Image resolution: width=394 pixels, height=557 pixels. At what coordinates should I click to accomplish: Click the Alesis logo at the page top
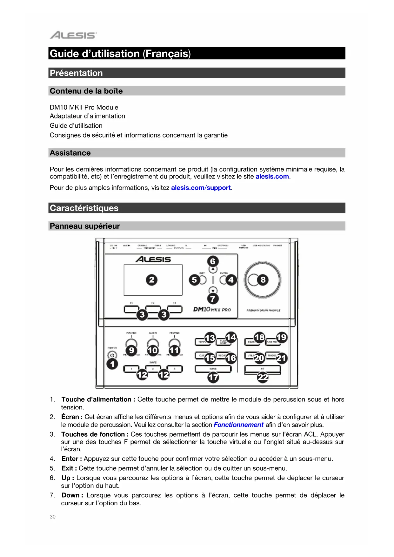click(73, 35)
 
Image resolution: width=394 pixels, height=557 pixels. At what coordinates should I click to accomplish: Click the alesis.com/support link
click(201, 188)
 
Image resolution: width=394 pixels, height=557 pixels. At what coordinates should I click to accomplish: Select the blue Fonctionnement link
click(238, 425)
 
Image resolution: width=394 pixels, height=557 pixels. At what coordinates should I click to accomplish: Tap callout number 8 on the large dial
click(263, 280)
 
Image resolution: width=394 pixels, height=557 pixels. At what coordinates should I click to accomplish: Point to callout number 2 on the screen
click(151, 280)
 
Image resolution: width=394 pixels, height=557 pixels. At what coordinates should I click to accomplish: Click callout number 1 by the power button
click(112, 364)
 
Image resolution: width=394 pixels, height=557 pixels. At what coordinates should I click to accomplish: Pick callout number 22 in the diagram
click(263, 377)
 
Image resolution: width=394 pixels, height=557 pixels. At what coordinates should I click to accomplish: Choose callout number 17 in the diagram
click(213, 377)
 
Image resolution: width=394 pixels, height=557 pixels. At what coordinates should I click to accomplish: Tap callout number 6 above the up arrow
click(213, 261)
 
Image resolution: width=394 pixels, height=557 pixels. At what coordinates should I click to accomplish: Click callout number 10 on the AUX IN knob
click(153, 350)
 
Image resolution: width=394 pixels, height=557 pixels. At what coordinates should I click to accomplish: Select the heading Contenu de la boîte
click(86, 91)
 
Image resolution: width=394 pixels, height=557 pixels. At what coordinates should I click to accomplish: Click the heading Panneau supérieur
click(85, 226)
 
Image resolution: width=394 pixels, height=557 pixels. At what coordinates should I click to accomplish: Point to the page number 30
click(53, 517)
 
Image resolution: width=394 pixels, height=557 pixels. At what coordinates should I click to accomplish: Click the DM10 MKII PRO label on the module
click(212, 310)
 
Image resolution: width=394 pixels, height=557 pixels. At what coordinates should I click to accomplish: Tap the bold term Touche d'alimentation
click(96, 399)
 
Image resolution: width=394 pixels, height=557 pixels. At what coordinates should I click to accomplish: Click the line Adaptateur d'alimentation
click(87, 116)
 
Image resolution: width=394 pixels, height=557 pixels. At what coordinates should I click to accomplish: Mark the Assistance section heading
click(70, 153)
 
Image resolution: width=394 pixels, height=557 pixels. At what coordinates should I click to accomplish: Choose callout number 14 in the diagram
click(231, 337)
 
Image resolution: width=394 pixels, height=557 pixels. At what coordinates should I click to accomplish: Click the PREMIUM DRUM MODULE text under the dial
click(263, 311)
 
